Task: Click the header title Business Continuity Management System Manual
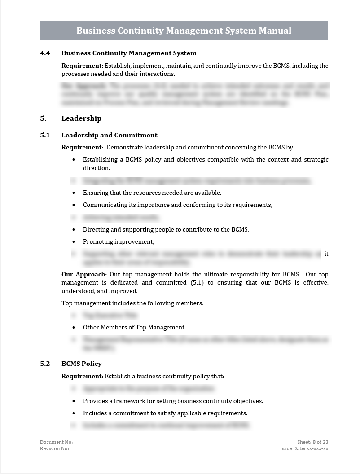tap(184, 31)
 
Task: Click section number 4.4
tap(45, 53)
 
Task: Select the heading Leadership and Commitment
tap(109, 135)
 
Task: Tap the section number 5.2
tap(45, 364)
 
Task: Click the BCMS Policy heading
tap(81, 364)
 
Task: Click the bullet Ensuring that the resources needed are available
tap(152, 193)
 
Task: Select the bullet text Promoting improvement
tap(119, 241)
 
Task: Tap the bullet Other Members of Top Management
tap(134, 327)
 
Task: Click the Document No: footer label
tap(56, 442)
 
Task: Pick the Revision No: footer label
tap(54, 448)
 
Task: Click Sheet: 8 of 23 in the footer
tap(312, 442)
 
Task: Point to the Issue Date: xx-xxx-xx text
tap(304, 448)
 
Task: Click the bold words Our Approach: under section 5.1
tap(84, 274)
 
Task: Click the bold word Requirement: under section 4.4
tap(82, 66)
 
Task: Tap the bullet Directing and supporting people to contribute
tap(166, 229)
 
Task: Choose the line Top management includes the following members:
tap(132, 303)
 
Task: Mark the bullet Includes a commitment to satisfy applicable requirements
tap(165, 413)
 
